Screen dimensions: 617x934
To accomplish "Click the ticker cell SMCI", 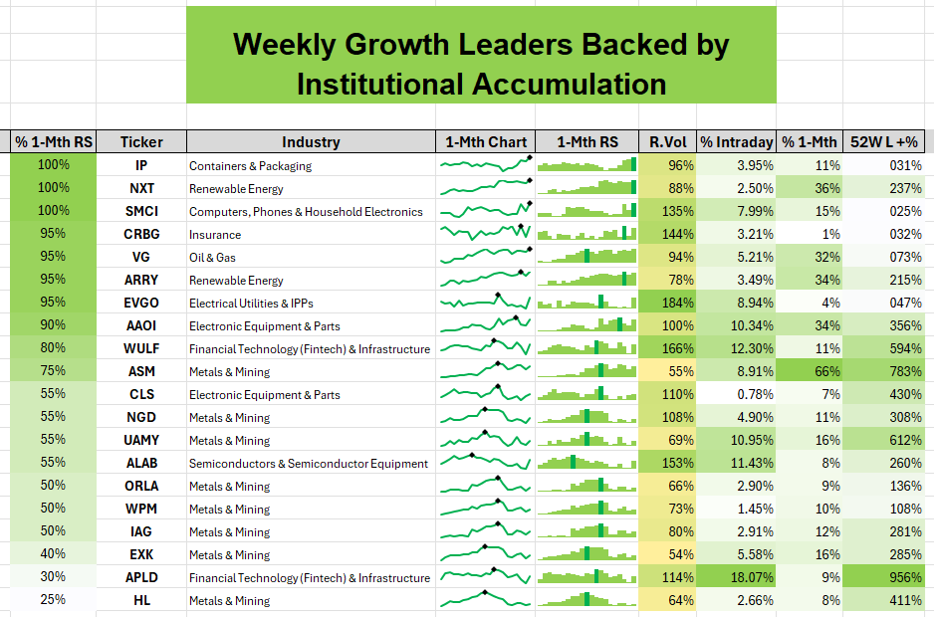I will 141,211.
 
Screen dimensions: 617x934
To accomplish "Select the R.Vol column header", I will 666,142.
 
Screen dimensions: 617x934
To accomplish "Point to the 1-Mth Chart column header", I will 486,142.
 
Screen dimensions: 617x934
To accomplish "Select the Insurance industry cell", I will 215,235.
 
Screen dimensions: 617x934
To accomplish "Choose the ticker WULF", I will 141,348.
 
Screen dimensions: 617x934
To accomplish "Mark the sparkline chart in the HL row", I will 486,599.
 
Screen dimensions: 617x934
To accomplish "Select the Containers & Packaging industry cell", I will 250,166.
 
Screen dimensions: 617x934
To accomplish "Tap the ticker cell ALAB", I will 141,463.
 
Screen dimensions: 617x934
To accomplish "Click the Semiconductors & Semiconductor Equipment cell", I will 309,463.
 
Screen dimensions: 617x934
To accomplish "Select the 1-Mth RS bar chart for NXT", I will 587,188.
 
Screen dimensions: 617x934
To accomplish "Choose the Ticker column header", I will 141,142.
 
